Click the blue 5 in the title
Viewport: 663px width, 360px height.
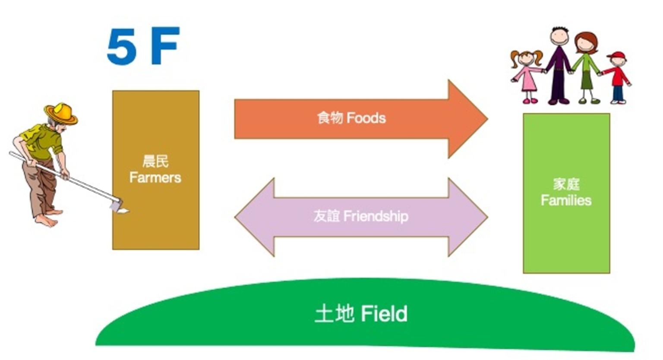click(122, 47)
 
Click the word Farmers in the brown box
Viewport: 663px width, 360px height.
click(155, 177)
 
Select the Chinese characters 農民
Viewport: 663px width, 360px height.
click(155, 161)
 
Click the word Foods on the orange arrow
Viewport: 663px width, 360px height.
click(366, 118)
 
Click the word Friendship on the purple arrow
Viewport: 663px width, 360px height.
click(376, 216)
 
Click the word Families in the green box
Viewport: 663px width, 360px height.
click(566, 200)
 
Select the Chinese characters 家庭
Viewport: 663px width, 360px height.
click(566, 184)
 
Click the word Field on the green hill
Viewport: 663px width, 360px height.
click(384, 313)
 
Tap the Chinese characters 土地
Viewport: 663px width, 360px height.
click(334, 313)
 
